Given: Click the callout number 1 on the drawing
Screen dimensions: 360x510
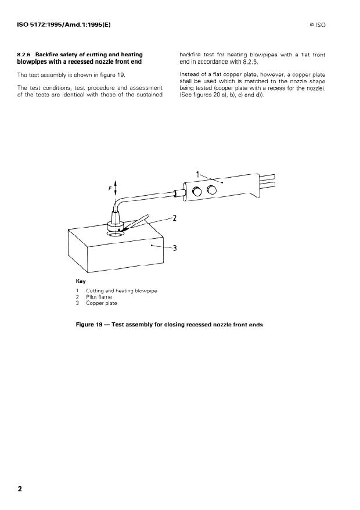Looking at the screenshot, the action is [x=197, y=175].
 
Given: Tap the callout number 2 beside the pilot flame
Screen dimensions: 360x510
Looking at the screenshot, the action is [x=175, y=218].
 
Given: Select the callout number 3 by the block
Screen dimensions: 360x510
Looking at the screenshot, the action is [x=175, y=248].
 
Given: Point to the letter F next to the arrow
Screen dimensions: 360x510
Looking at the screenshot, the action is [x=110, y=188].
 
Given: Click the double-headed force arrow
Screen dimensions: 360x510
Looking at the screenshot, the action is [x=116, y=188].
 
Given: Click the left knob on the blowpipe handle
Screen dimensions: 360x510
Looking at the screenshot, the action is [x=197, y=192].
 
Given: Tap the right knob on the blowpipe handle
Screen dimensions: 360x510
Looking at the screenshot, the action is [x=212, y=189].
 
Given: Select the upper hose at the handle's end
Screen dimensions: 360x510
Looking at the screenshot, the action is [x=267, y=177].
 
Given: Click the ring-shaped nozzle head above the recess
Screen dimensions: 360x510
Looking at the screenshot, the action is [x=115, y=226].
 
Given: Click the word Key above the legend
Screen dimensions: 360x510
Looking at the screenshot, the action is [x=81, y=281].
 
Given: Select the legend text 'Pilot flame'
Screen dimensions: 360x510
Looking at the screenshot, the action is [x=99, y=297].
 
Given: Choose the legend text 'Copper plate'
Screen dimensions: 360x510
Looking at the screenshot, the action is [x=102, y=303].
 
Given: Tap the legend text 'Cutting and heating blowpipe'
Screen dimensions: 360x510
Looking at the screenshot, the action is [x=121, y=291].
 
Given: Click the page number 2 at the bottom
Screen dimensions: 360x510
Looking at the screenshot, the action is [x=20, y=489].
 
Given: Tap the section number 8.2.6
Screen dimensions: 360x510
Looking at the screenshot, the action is [x=24, y=55].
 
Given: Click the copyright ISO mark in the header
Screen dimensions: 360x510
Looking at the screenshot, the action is [x=318, y=25].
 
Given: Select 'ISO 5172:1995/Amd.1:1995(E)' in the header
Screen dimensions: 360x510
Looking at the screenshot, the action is [x=64, y=25].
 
